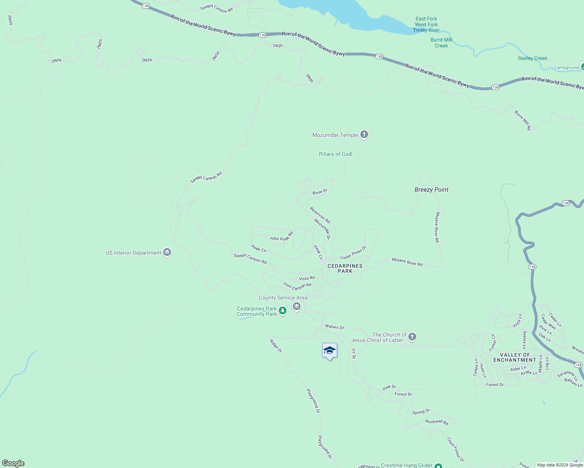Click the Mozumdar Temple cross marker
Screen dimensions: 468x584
pos(364,135)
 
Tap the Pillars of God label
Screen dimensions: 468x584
pos(335,154)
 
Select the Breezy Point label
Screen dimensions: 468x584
pos(431,190)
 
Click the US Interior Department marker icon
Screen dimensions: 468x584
pos(167,253)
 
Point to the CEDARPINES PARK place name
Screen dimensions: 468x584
pos(345,268)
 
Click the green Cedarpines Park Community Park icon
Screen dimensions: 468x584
pos(283,311)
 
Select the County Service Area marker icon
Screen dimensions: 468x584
pos(297,307)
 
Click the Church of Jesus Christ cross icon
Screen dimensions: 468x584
pos(412,337)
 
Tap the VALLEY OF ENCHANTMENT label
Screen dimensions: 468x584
pos(515,357)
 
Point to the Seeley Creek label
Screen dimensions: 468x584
pos(532,58)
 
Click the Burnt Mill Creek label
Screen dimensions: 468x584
pos(441,43)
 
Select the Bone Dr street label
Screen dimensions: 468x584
pos(320,191)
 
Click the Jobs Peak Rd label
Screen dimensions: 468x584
pos(281,237)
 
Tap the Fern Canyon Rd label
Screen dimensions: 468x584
pos(297,286)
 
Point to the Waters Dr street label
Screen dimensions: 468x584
pos(335,327)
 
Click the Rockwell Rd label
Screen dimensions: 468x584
pos(436,422)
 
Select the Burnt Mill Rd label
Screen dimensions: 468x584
pos(523,120)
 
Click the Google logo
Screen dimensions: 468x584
pos(13,463)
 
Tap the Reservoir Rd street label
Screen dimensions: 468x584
pos(320,215)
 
